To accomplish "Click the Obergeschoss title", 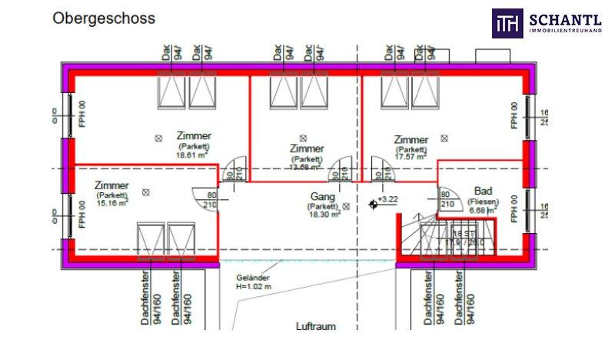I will [x=103, y=18].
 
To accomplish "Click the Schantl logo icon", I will [x=507, y=23].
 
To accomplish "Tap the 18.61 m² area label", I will [x=193, y=155].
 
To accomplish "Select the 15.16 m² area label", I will [x=111, y=204].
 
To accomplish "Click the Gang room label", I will [x=323, y=197].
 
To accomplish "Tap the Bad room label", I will [x=483, y=190].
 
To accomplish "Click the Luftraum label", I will [x=316, y=326].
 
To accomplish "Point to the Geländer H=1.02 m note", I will [x=254, y=282].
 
